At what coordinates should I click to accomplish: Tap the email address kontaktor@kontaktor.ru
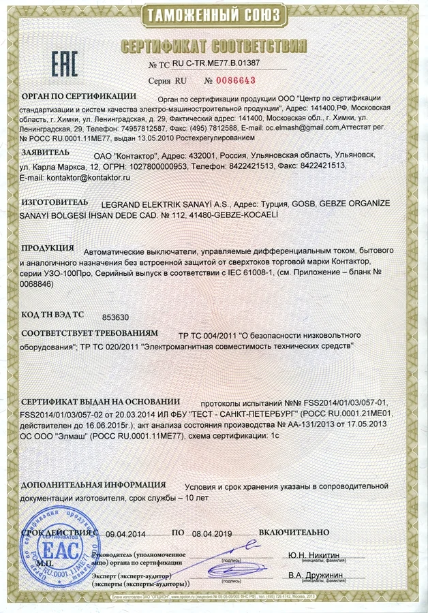88,176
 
